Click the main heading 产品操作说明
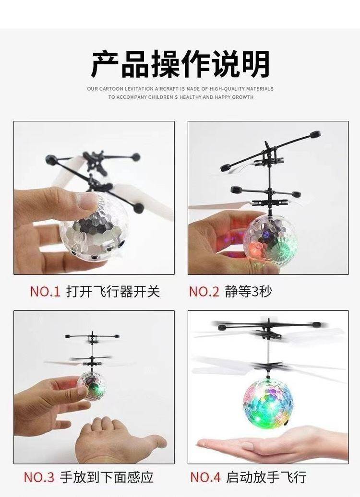click(x=180, y=63)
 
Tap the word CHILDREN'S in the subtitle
click(x=163, y=97)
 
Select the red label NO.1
click(x=45, y=291)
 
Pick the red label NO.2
click(x=204, y=291)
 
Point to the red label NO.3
click(x=39, y=477)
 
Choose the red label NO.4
click(x=205, y=477)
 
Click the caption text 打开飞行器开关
click(x=113, y=291)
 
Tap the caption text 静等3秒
click(x=248, y=291)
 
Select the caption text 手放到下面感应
click(x=107, y=477)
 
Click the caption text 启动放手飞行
click(x=266, y=477)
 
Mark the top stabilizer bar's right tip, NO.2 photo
click(x=315, y=134)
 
